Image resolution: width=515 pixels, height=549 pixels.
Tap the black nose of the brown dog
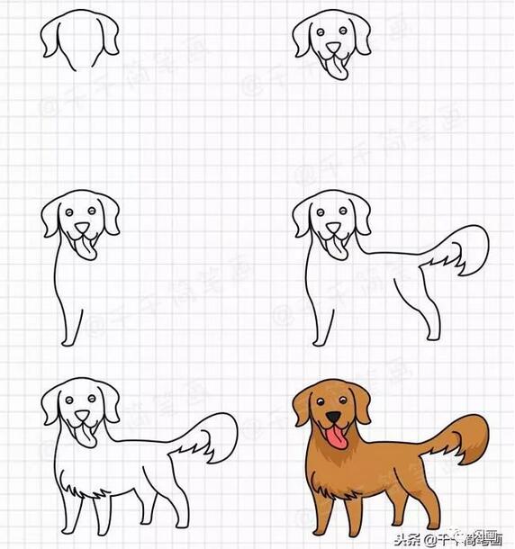point(333,418)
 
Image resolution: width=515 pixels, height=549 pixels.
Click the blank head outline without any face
point(79,40)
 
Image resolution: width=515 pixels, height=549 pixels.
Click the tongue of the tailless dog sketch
point(86,247)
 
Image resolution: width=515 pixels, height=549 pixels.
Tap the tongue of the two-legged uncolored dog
point(339,248)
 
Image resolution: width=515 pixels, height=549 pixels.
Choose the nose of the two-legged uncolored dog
point(333,229)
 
